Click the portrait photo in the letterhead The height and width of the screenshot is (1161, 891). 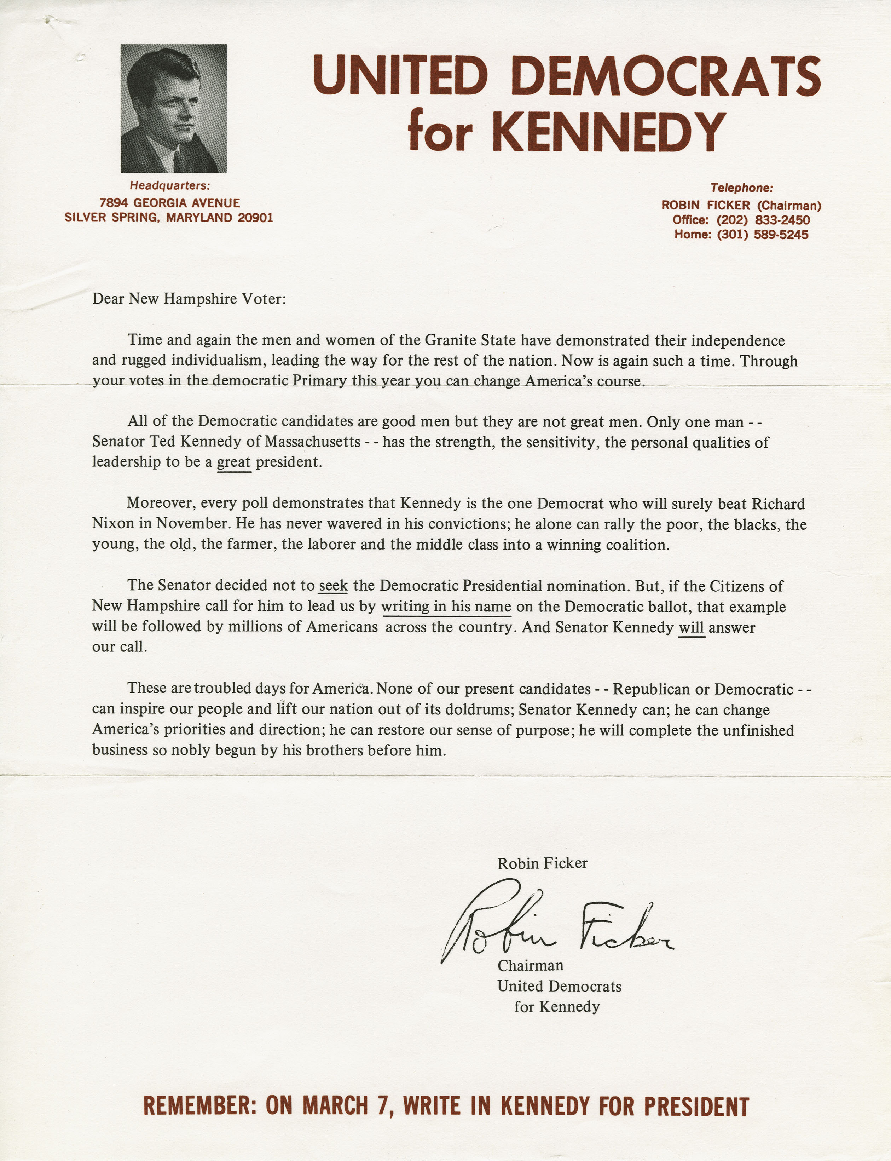pyautogui.click(x=173, y=108)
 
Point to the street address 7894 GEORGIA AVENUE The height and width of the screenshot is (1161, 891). pyautogui.click(x=170, y=203)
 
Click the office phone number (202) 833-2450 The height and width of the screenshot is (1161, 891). pyautogui.click(x=763, y=220)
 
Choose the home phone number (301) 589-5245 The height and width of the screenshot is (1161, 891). pyautogui.click(x=763, y=235)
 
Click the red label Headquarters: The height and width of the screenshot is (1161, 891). pyautogui.click(x=170, y=186)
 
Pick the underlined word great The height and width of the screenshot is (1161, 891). pyautogui.click(x=233, y=462)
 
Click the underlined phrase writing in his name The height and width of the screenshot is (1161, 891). pyautogui.click(x=446, y=607)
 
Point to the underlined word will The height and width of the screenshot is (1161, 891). pyautogui.click(x=692, y=628)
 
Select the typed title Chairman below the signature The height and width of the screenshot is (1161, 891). pyautogui.click(x=530, y=966)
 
